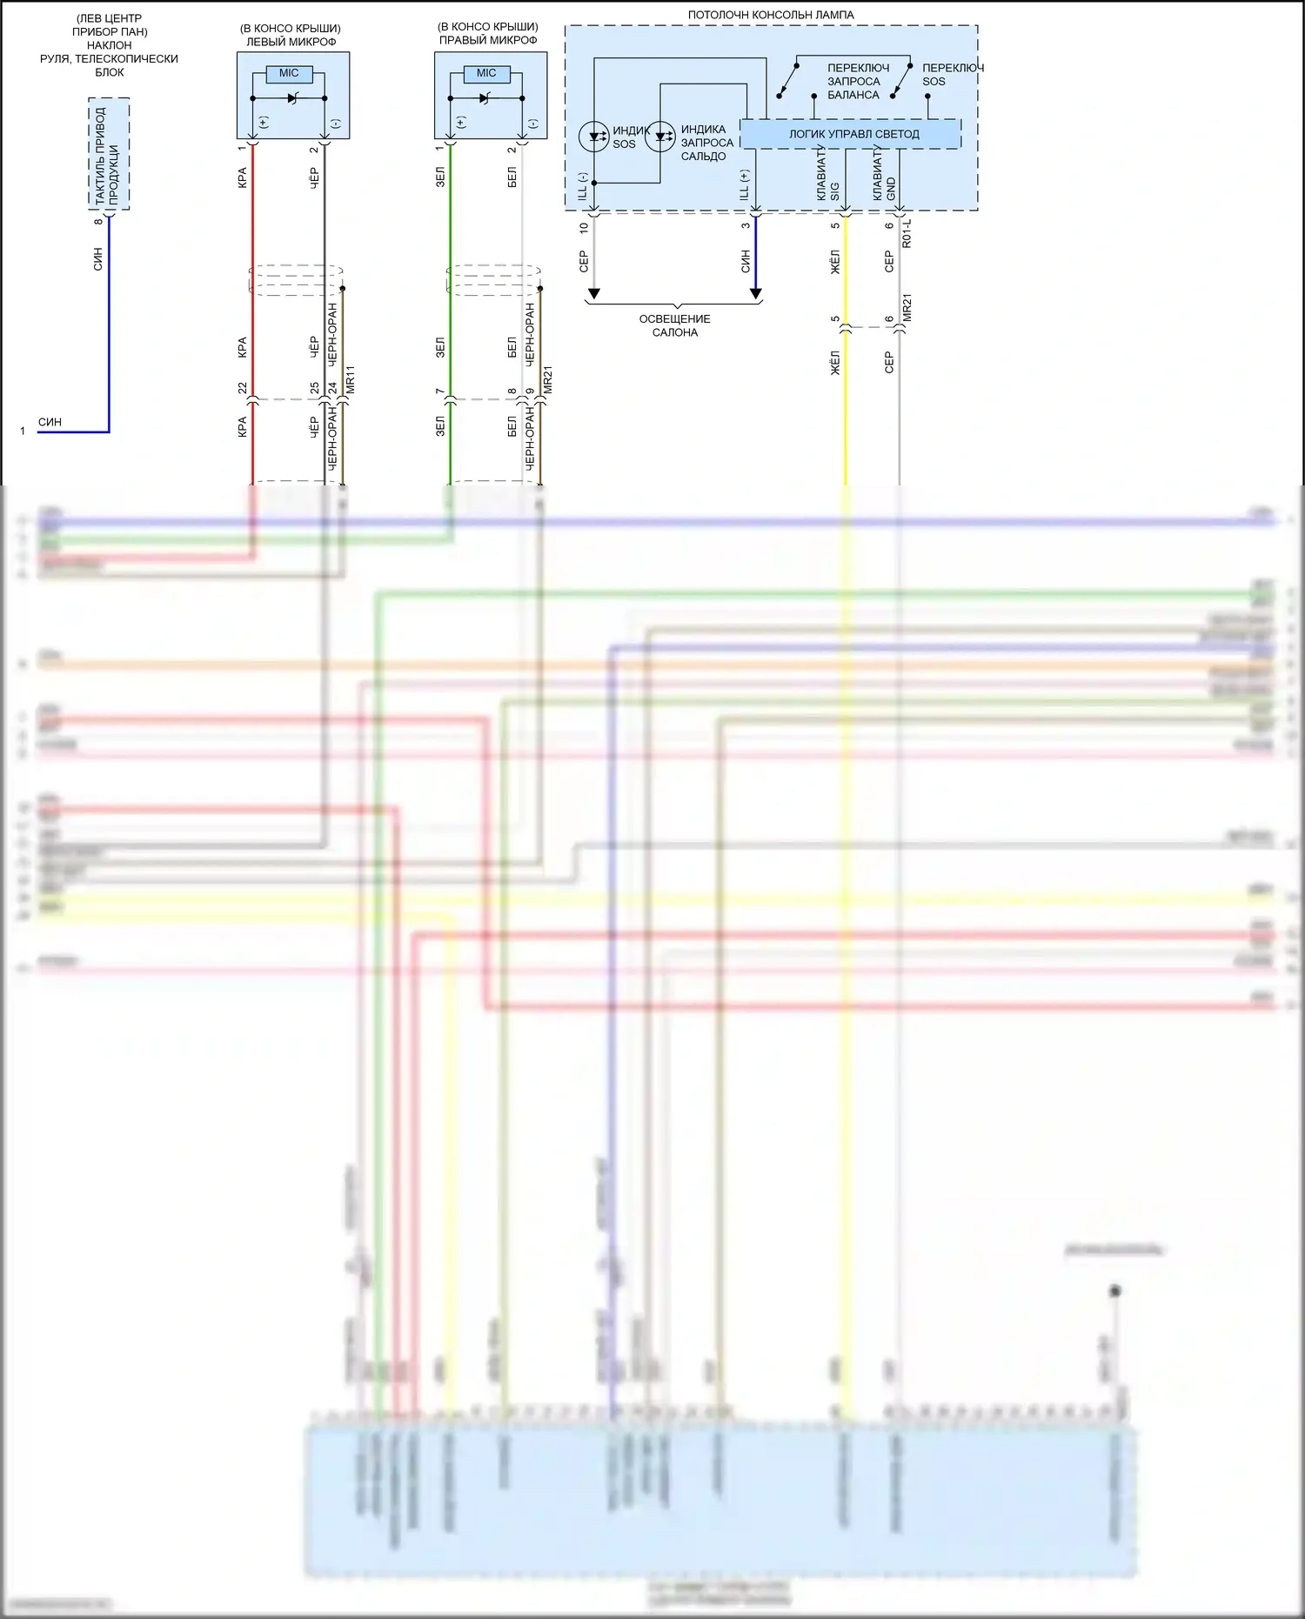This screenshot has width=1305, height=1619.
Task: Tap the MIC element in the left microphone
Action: (289, 74)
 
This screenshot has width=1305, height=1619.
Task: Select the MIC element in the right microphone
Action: (486, 74)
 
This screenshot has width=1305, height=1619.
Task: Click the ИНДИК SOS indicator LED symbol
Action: (594, 137)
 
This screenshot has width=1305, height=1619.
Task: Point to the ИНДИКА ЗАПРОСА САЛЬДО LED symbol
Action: (660, 137)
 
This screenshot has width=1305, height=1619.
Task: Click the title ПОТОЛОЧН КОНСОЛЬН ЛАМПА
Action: (770, 15)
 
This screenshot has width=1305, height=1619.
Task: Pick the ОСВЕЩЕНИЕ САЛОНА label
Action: (674, 325)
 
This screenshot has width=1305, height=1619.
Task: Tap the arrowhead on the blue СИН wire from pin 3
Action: (756, 294)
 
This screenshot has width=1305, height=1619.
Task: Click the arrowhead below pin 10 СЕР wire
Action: (593, 294)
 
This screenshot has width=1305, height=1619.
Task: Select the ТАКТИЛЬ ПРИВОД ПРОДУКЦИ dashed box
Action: (109, 154)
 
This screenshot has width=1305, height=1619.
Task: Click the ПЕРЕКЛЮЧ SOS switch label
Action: (952, 74)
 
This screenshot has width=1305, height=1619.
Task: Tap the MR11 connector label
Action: (350, 380)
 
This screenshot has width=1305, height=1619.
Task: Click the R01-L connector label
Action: (907, 233)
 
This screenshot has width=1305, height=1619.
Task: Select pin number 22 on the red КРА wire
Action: (243, 387)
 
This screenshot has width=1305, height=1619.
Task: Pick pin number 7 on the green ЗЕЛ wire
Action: (440, 391)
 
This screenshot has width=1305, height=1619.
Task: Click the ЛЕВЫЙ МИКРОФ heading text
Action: (291, 42)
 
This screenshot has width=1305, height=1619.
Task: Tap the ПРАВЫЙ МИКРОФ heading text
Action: (488, 40)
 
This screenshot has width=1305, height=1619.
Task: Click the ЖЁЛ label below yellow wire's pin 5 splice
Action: (835, 363)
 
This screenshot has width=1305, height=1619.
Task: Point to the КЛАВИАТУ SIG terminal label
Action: (827, 174)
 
